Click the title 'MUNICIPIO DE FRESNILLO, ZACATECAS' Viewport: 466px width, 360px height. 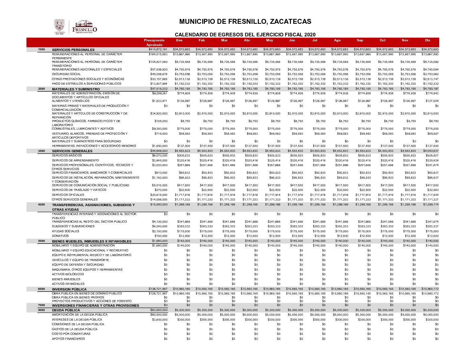(245, 22)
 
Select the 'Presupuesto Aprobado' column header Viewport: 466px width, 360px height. (154, 42)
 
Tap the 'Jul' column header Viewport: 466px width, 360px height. (315, 40)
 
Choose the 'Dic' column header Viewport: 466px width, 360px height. (428, 40)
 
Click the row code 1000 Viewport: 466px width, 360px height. (41, 49)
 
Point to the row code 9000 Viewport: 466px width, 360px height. (41, 310)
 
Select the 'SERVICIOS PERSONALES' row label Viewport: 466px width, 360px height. (73, 50)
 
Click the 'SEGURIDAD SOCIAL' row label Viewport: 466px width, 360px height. (66, 74)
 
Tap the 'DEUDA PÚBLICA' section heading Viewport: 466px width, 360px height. (66, 310)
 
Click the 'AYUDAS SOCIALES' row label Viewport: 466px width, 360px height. (66, 231)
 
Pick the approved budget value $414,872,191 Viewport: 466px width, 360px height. (158, 49)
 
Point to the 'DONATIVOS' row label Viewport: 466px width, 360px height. (60, 236)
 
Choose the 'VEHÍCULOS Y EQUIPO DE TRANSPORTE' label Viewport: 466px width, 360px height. (80, 260)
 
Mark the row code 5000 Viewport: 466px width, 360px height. (41, 241)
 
